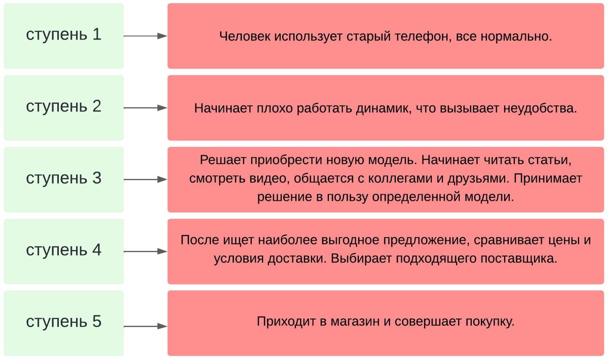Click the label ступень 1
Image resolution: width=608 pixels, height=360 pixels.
(64, 35)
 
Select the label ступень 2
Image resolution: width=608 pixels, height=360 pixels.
(64, 106)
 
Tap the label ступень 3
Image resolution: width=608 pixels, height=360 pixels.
(64, 178)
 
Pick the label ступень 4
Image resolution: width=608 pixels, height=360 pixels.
(64, 250)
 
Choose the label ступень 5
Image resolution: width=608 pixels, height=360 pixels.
(64, 322)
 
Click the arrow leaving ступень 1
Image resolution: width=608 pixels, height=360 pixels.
(145, 36)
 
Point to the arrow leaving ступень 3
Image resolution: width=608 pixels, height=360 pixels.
(145, 179)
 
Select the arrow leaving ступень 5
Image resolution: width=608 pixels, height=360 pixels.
(145, 326)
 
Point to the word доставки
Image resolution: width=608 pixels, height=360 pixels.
(296, 258)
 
